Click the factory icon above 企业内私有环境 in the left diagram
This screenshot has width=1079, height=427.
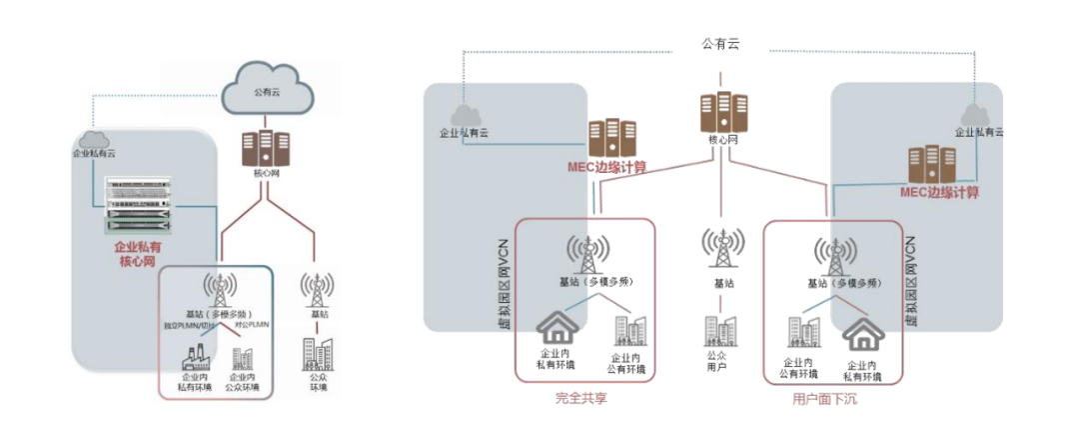[x=192, y=358]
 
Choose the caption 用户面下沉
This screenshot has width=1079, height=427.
[x=831, y=398]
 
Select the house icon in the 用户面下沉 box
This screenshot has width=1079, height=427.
[x=864, y=335]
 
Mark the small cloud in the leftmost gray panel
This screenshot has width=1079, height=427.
[x=93, y=139]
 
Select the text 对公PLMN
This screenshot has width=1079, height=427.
[x=250, y=327]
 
